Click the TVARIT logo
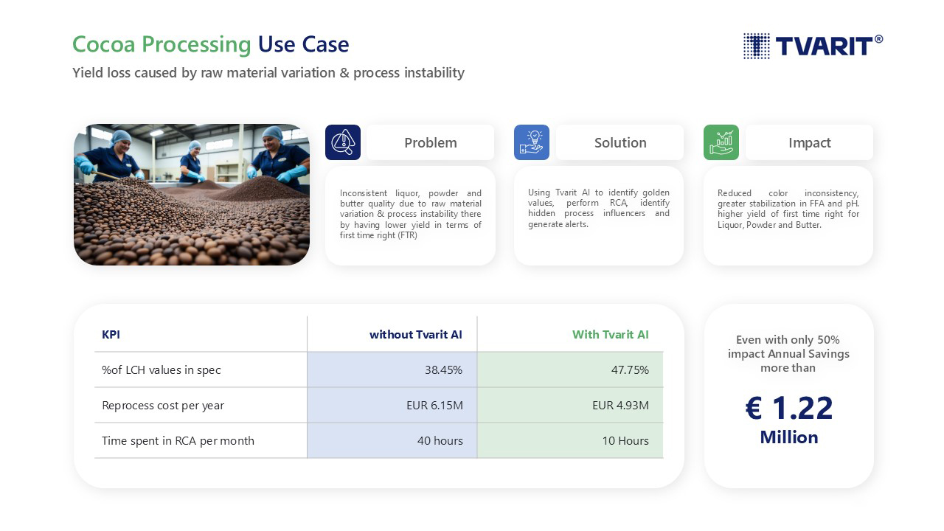[813, 46]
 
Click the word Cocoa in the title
[104, 44]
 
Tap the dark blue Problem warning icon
[343, 142]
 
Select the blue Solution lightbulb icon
[532, 142]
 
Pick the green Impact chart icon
[721, 142]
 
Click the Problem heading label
[430, 142]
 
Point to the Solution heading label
[620, 142]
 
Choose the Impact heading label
[810, 143]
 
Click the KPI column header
[111, 335]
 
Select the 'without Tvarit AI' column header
[415, 335]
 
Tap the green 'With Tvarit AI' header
[610, 335]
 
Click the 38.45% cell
[443, 370]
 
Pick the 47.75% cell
[630, 370]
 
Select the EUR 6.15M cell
[434, 406]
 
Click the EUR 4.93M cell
[620, 406]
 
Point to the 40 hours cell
[440, 441]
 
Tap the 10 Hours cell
[625, 441]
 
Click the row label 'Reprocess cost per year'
[163, 406]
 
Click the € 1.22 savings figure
[789, 408]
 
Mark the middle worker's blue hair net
[194, 145]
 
